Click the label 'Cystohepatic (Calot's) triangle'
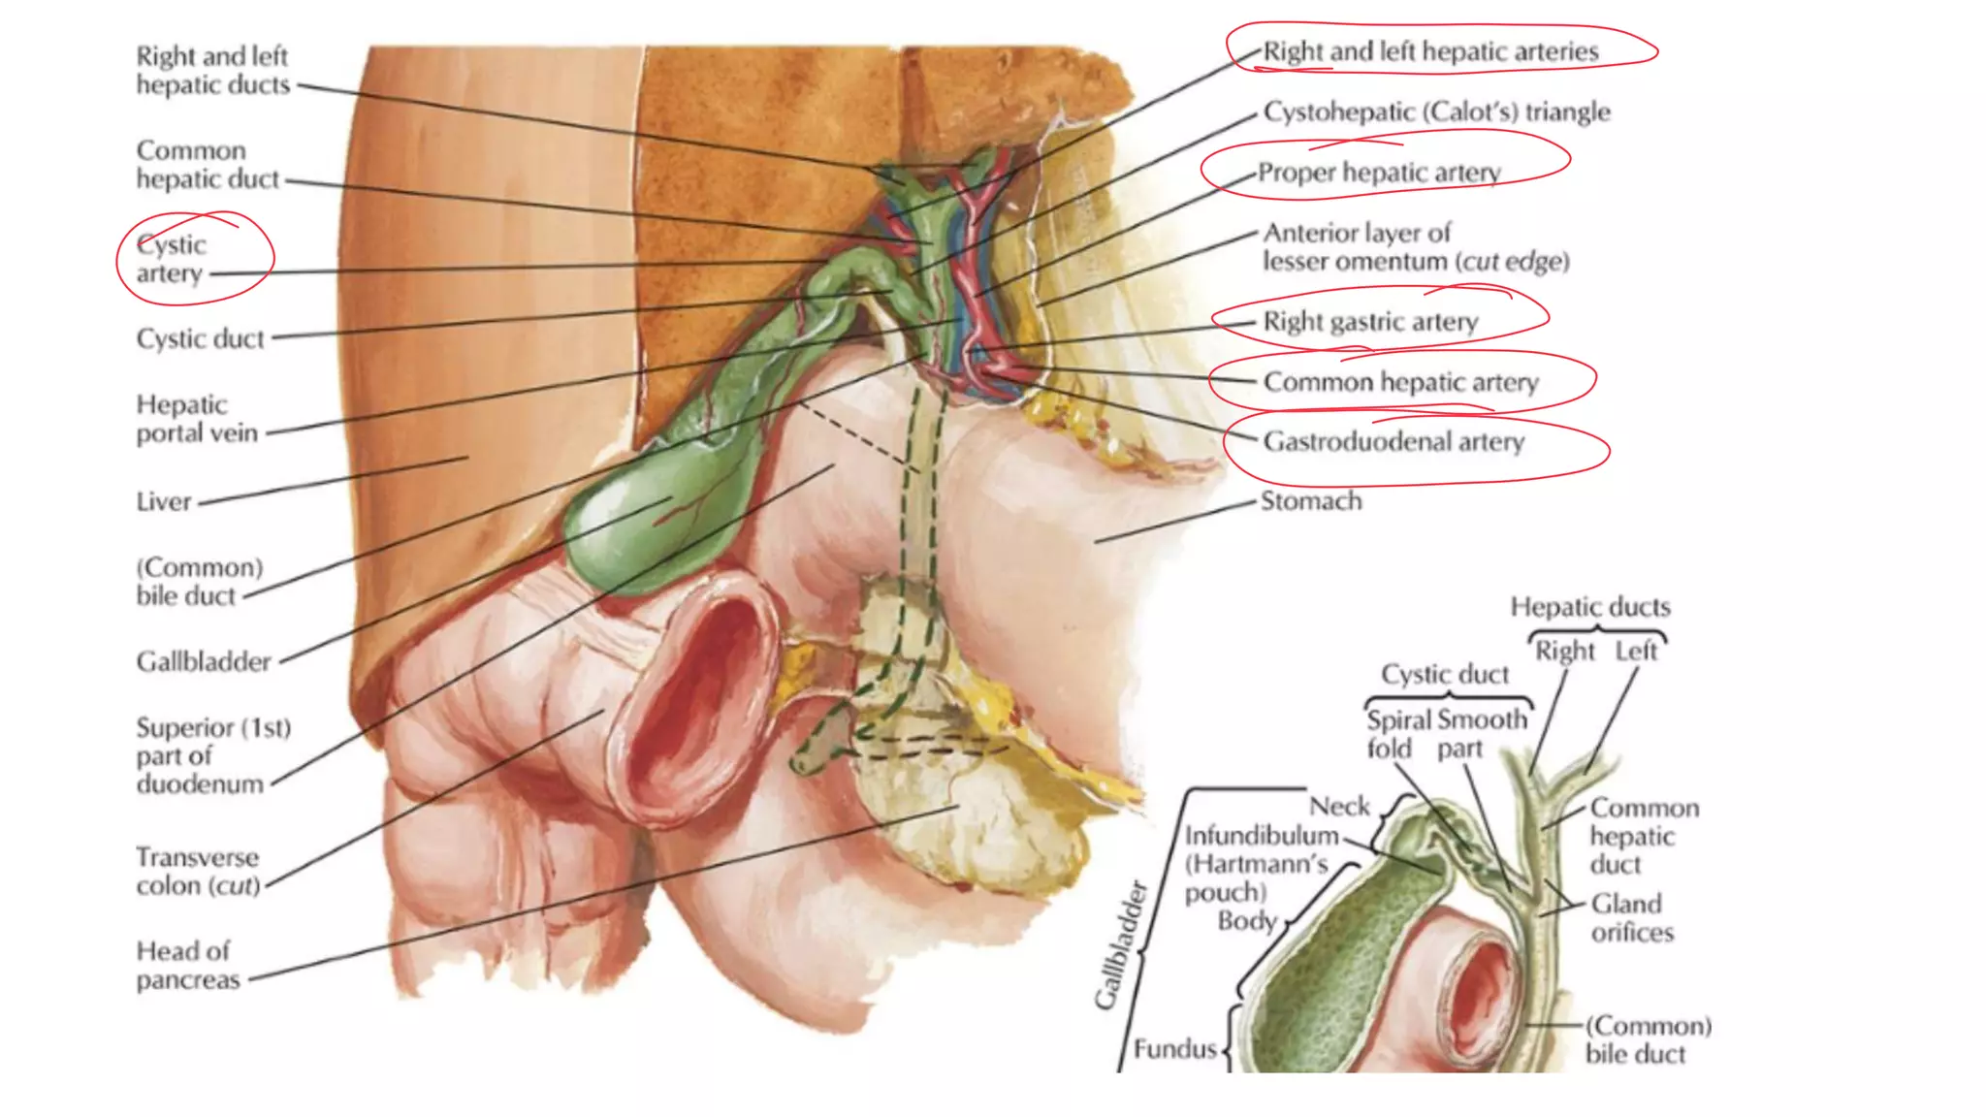[x=1436, y=112]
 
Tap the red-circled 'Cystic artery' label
[x=172, y=259]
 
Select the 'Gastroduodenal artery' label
[x=1393, y=442]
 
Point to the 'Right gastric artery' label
[x=1370, y=322]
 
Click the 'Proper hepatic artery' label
[x=1379, y=173]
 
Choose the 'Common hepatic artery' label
[x=1400, y=382]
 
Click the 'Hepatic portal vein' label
[x=197, y=419]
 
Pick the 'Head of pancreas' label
[x=187, y=965]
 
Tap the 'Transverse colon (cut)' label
[x=198, y=871]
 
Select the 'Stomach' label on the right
[x=1311, y=501]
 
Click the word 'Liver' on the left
[x=164, y=502]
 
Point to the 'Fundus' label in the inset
[x=1174, y=1049]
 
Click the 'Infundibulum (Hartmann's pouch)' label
[x=1259, y=863]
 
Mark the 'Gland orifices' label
[x=1632, y=917]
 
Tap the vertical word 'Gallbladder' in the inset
[x=1121, y=945]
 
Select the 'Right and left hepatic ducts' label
[x=212, y=71]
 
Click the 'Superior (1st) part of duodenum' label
[x=212, y=755]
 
